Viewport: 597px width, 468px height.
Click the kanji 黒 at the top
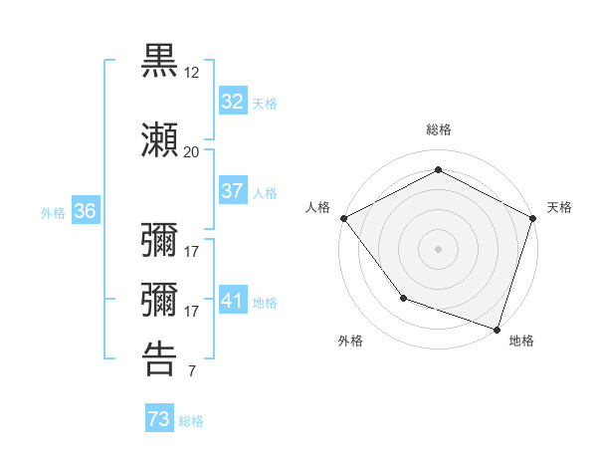click(160, 62)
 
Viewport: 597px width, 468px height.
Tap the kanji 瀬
click(160, 141)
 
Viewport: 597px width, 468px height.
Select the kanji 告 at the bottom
click(160, 358)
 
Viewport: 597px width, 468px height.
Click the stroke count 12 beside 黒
click(192, 73)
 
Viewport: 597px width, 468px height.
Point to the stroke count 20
click(192, 152)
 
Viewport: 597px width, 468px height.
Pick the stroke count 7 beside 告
click(191, 372)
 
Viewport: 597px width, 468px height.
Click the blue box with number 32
click(232, 102)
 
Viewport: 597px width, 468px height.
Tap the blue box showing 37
click(232, 191)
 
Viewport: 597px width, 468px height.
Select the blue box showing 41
click(232, 301)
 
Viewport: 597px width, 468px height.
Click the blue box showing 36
click(85, 211)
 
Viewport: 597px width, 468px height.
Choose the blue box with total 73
click(159, 420)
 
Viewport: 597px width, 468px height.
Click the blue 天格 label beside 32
click(265, 104)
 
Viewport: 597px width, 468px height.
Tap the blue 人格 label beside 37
click(265, 193)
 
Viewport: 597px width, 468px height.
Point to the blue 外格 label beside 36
click(53, 212)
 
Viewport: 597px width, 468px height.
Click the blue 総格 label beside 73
click(191, 421)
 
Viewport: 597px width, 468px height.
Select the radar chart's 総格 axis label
click(438, 129)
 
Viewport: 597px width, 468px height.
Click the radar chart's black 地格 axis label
click(521, 341)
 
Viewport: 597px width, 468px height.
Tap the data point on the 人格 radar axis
click(343, 218)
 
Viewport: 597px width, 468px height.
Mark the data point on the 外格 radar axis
click(403, 297)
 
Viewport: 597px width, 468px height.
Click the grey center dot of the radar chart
click(438, 248)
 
